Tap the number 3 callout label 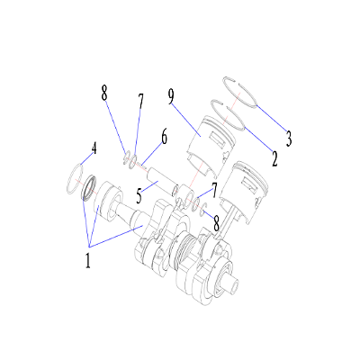point(289,139)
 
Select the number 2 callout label point(274,161)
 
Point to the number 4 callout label point(93,147)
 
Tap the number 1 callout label point(87,262)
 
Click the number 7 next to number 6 point(139,101)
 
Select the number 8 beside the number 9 point(104,93)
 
